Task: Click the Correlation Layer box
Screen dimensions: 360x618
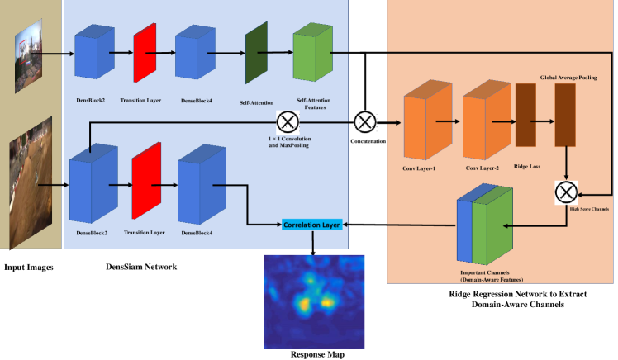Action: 312,224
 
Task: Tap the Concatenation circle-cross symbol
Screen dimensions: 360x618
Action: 364,122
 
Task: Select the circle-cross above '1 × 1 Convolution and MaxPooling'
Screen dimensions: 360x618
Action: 288,122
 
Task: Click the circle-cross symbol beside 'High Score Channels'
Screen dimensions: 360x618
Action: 565,193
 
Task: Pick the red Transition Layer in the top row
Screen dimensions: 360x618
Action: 145,52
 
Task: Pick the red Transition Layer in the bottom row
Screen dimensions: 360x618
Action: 145,176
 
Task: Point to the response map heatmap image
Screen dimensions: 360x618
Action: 312,301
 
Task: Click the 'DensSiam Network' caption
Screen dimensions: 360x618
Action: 143,268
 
